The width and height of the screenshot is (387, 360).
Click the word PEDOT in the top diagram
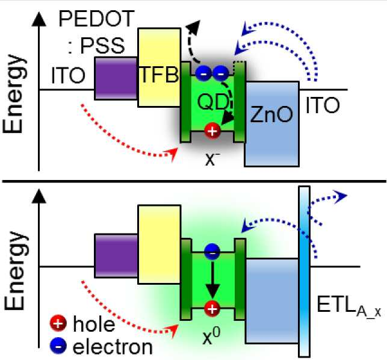tap(96, 19)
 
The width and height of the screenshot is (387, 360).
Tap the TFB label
tap(159, 75)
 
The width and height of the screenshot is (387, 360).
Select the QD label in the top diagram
tap(213, 102)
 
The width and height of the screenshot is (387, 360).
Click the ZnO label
tap(271, 114)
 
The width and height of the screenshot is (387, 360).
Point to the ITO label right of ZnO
tap(323, 105)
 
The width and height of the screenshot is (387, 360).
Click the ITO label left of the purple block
tap(69, 75)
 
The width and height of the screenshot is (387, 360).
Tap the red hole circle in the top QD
tap(212, 131)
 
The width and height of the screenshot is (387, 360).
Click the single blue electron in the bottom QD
tap(212, 252)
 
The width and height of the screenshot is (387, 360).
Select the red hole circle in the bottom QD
tap(212, 309)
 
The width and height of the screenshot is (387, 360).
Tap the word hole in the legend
tap(94, 324)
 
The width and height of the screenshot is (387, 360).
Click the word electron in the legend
tap(113, 347)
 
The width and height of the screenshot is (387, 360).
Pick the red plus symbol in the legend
tap(58, 323)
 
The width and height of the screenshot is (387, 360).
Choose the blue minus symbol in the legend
tap(58, 346)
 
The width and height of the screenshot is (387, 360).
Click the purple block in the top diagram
tap(116, 78)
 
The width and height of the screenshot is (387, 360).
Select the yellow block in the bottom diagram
tap(159, 244)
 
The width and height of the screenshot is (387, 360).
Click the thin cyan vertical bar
tap(305, 272)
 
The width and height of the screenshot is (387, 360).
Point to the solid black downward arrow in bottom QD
tap(212, 278)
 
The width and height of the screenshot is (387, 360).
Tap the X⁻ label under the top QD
tap(212, 158)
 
